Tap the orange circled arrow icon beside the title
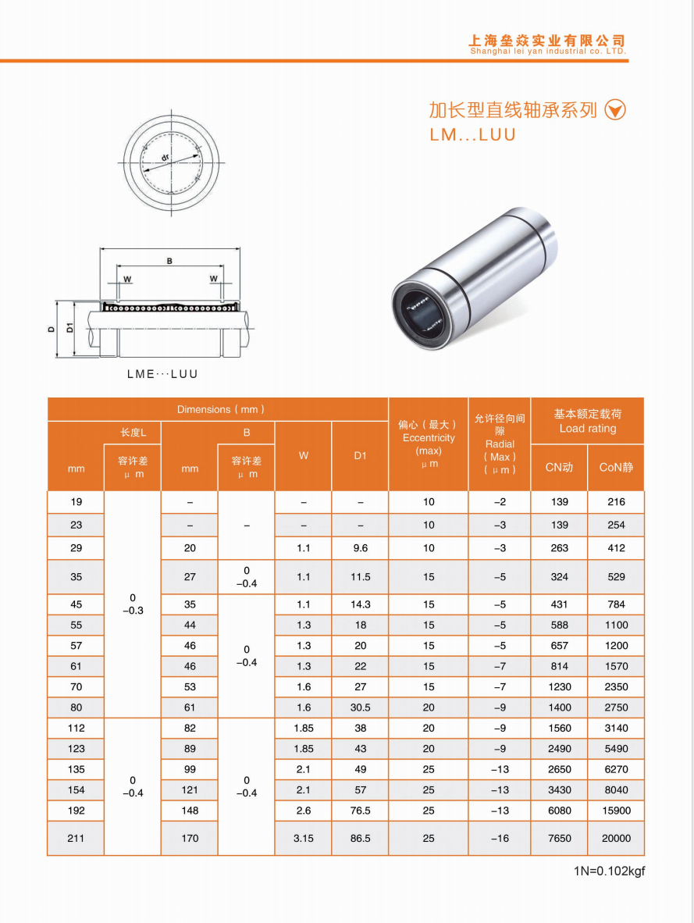(x=616, y=110)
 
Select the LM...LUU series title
(x=473, y=134)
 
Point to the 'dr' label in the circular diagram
(x=165, y=158)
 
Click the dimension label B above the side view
(x=169, y=261)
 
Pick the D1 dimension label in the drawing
(x=69, y=328)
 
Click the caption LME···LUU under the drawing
(x=162, y=374)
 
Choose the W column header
(x=304, y=456)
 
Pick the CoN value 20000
(x=616, y=838)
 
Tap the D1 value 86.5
(x=360, y=838)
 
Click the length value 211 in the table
(x=76, y=838)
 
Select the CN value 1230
(x=559, y=687)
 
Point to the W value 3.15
(x=304, y=838)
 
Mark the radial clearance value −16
(x=500, y=838)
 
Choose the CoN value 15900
(x=616, y=811)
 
